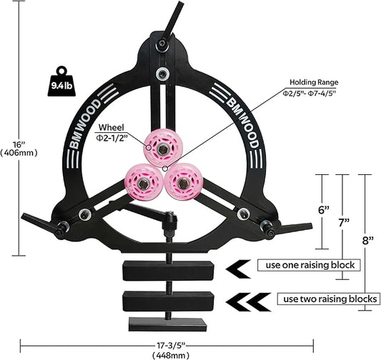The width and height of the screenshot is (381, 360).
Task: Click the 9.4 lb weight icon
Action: click(61, 81)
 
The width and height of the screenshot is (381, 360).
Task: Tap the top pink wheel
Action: click(159, 148)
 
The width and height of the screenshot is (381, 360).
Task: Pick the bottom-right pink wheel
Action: click(184, 183)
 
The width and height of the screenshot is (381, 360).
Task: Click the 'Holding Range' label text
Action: click(314, 82)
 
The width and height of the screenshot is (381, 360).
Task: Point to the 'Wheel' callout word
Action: click(111, 127)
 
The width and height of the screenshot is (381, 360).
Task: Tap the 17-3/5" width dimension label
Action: click(170, 345)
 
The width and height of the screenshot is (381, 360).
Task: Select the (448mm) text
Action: click(170, 356)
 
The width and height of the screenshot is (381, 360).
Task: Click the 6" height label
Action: click(324, 210)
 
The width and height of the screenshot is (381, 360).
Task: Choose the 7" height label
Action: click(344, 222)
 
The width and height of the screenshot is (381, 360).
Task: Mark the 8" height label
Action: click(367, 241)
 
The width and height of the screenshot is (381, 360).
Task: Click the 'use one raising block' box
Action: click(309, 265)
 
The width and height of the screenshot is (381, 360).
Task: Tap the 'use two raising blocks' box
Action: click(329, 299)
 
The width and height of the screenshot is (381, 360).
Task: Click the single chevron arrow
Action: click(238, 269)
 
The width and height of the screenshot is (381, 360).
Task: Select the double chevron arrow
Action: click(248, 302)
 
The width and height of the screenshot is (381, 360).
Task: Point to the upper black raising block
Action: click(168, 271)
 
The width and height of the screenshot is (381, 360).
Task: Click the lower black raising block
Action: click(168, 301)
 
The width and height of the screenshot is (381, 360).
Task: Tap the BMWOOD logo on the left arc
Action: click(84, 124)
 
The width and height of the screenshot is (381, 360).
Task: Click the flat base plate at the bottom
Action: click(168, 324)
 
